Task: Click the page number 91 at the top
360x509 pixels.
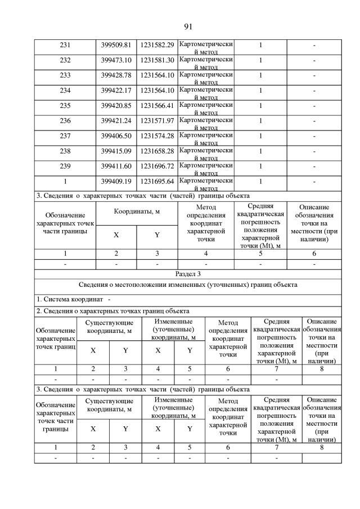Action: [x=188, y=26]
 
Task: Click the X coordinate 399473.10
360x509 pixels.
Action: [x=116, y=60]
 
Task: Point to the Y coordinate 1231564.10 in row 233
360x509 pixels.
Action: [x=157, y=75]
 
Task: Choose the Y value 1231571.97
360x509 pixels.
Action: [x=157, y=120]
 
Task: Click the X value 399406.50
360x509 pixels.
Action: [x=116, y=136]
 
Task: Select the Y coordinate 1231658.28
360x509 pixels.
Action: [x=157, y=151]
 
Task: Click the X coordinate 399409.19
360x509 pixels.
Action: [x=116, y=181]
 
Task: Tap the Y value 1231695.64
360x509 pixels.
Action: [x=157, y=181]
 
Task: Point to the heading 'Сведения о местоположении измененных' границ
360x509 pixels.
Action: [x=188, y=285]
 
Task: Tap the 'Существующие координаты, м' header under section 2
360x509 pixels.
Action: [x=109, y=327]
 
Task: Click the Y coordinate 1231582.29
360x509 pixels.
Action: [x=157, y=45]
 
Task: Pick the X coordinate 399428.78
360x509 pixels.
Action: [x=116, y=75]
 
